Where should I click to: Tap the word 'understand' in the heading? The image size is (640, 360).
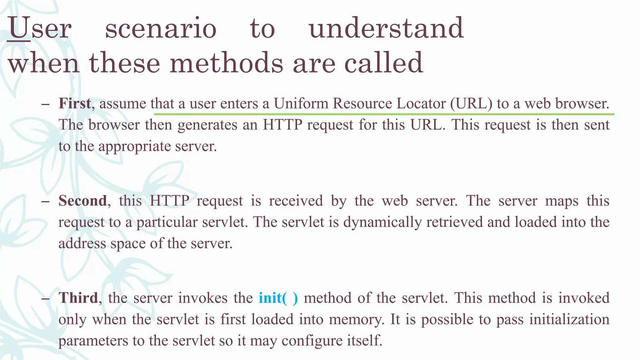click(386, 28)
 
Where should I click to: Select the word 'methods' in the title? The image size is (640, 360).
click(227, 63)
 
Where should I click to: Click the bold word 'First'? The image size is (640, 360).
click(75, 103)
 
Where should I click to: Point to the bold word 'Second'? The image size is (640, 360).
click(83, 201)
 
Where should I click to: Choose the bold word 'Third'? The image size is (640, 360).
click(78, 298)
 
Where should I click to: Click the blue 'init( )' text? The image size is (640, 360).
click(278, 298)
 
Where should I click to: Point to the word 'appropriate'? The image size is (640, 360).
click(134, 146)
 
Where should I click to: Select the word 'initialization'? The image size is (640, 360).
click(569, 319)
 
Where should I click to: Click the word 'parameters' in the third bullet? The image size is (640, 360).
click(93, 341)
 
